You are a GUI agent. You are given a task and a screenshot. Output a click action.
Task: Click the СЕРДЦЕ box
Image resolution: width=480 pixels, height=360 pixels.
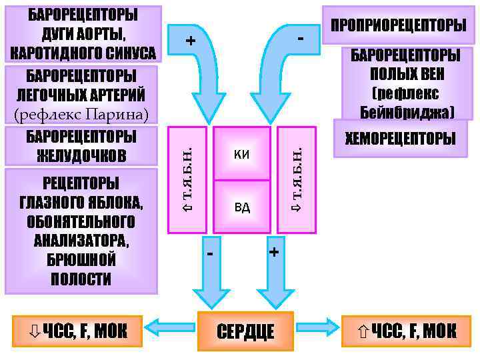click(x=245, y=329)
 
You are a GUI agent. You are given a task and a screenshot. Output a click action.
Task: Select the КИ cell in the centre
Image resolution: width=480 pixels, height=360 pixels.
click(x=242, y=155)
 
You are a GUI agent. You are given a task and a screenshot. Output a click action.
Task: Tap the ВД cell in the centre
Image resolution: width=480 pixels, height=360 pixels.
click(x=242, y=207)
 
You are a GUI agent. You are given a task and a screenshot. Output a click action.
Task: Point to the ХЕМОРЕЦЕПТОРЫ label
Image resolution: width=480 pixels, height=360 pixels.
click(x=401, y=139)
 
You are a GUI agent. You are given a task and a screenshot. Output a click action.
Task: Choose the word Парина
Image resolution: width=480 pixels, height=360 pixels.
click(x=117, y=114)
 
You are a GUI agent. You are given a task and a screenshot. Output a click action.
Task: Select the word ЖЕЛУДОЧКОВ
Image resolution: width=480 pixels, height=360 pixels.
click(x=81, y=155)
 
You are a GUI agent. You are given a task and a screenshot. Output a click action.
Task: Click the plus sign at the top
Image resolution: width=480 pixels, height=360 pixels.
click(x=191, y=41)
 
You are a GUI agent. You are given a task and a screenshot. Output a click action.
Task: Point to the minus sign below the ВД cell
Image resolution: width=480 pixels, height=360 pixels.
click(x=211, y=254)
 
